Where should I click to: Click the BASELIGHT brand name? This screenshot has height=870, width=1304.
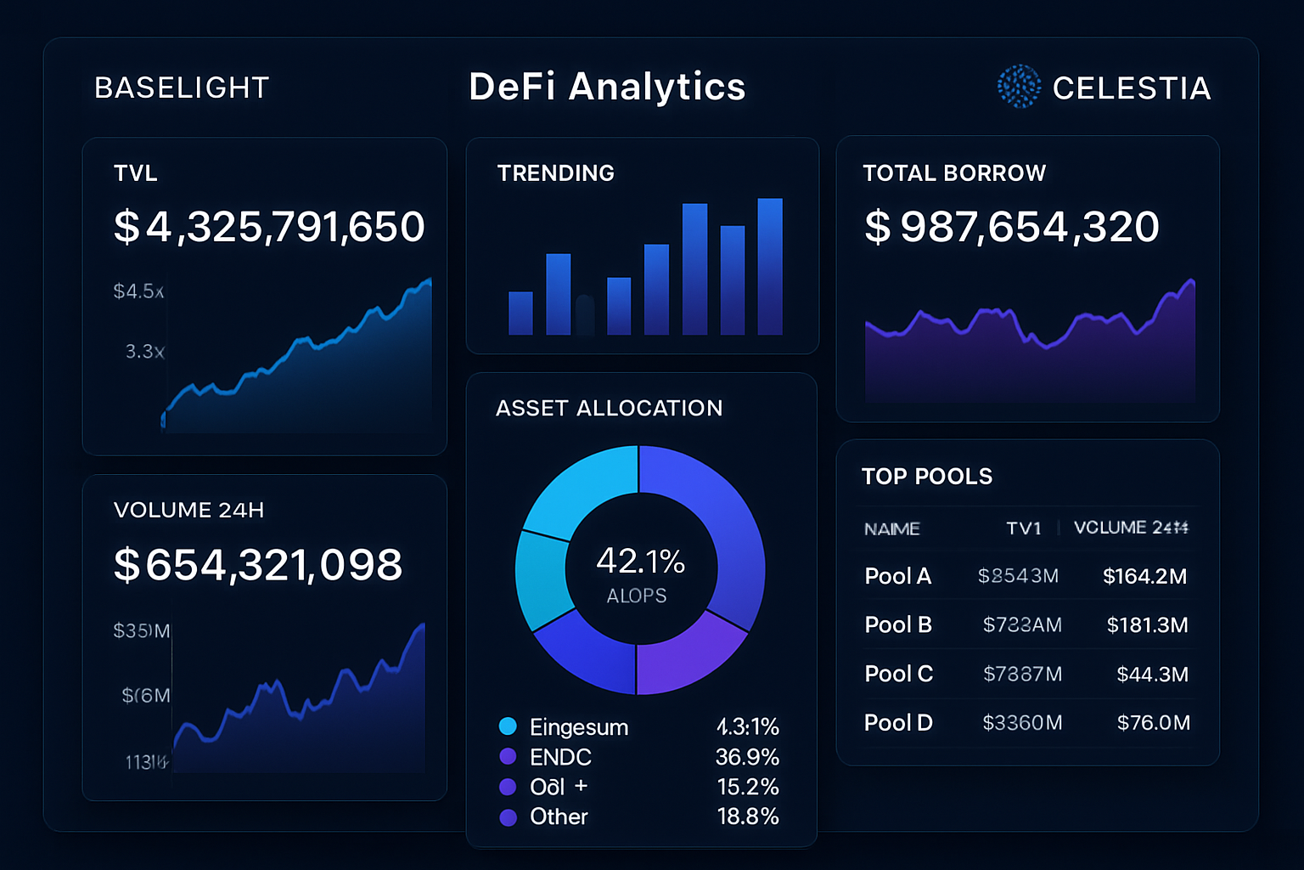(182, 88)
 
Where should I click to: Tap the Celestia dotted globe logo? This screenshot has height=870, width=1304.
(1018, 87)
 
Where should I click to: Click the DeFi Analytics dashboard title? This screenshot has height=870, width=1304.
(607, 87)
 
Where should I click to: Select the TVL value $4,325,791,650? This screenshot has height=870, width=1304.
(269, 227)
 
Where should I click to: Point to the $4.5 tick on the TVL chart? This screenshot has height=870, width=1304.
(138, 291)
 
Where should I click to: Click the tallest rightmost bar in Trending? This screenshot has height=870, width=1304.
(769, 266)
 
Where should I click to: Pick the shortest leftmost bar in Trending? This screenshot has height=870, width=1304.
(520, 313)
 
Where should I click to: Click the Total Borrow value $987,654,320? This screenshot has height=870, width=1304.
(1011, 227)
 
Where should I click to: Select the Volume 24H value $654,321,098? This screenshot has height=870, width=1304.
(258, 565)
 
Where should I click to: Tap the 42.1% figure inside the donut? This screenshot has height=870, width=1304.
(640, 561)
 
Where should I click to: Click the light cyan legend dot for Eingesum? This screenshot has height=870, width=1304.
(508, 726)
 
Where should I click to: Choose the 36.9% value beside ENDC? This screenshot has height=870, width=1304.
(747, 757)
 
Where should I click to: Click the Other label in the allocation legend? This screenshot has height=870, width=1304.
(559, 816)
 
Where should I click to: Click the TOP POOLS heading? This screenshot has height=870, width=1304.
(927, 477)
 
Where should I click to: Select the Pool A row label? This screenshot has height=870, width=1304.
(897, 576)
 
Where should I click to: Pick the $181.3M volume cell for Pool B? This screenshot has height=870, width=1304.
(1147, 625)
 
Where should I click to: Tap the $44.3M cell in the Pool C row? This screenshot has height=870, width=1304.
(1152, 675)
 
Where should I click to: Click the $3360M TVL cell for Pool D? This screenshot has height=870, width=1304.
(1022, 723)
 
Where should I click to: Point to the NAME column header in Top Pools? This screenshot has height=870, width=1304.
(891, 528)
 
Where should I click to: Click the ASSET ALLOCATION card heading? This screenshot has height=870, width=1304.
(609, 409)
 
